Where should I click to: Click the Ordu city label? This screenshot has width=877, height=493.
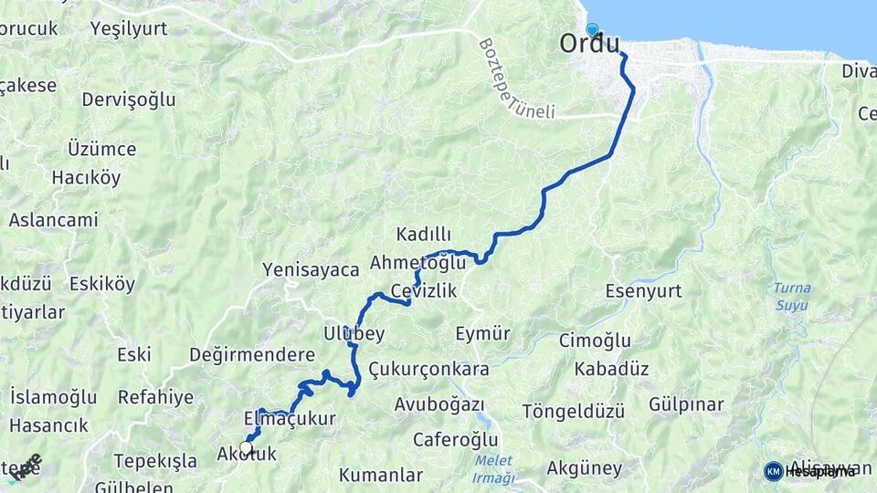pyautogui.click(x=589, y=45)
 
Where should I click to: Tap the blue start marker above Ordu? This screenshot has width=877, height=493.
pyautogui.click(x=592, y=30)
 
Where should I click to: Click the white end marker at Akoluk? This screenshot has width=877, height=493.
pyautogui.click(x=246, y=447)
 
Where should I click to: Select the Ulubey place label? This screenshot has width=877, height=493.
pyautogui.click(x=354, y=332)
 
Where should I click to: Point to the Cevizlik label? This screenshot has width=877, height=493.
pyautogui.click(x=423, y=290)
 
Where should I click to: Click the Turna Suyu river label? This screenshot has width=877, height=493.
pyautogui.click(x=791, y=296)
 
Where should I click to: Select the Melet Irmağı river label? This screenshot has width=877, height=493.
pyautogui.click(x=494, y=470)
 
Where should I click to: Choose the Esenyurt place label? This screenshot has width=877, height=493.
pyautogui.click(x=644, y=291)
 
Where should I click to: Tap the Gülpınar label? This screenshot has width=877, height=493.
pyautogui.click(x=686, y=404)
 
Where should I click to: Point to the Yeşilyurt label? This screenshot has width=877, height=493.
pyautogui.click(x=129, y=28)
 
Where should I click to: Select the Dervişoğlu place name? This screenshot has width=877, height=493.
pyautogui.click(x=128, y=100)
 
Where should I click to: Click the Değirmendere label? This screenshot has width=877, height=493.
pyautogui.click(x=251, y=354)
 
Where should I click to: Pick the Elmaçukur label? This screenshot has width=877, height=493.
pyautogui.click(x=291, y=419)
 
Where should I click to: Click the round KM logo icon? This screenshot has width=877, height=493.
pyautogui.click(x=773, y=471)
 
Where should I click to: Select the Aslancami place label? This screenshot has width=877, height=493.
pyautogui.click(x=53, y=220)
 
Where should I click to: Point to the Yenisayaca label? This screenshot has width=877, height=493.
pyautogui.click(x=311, y=269)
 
